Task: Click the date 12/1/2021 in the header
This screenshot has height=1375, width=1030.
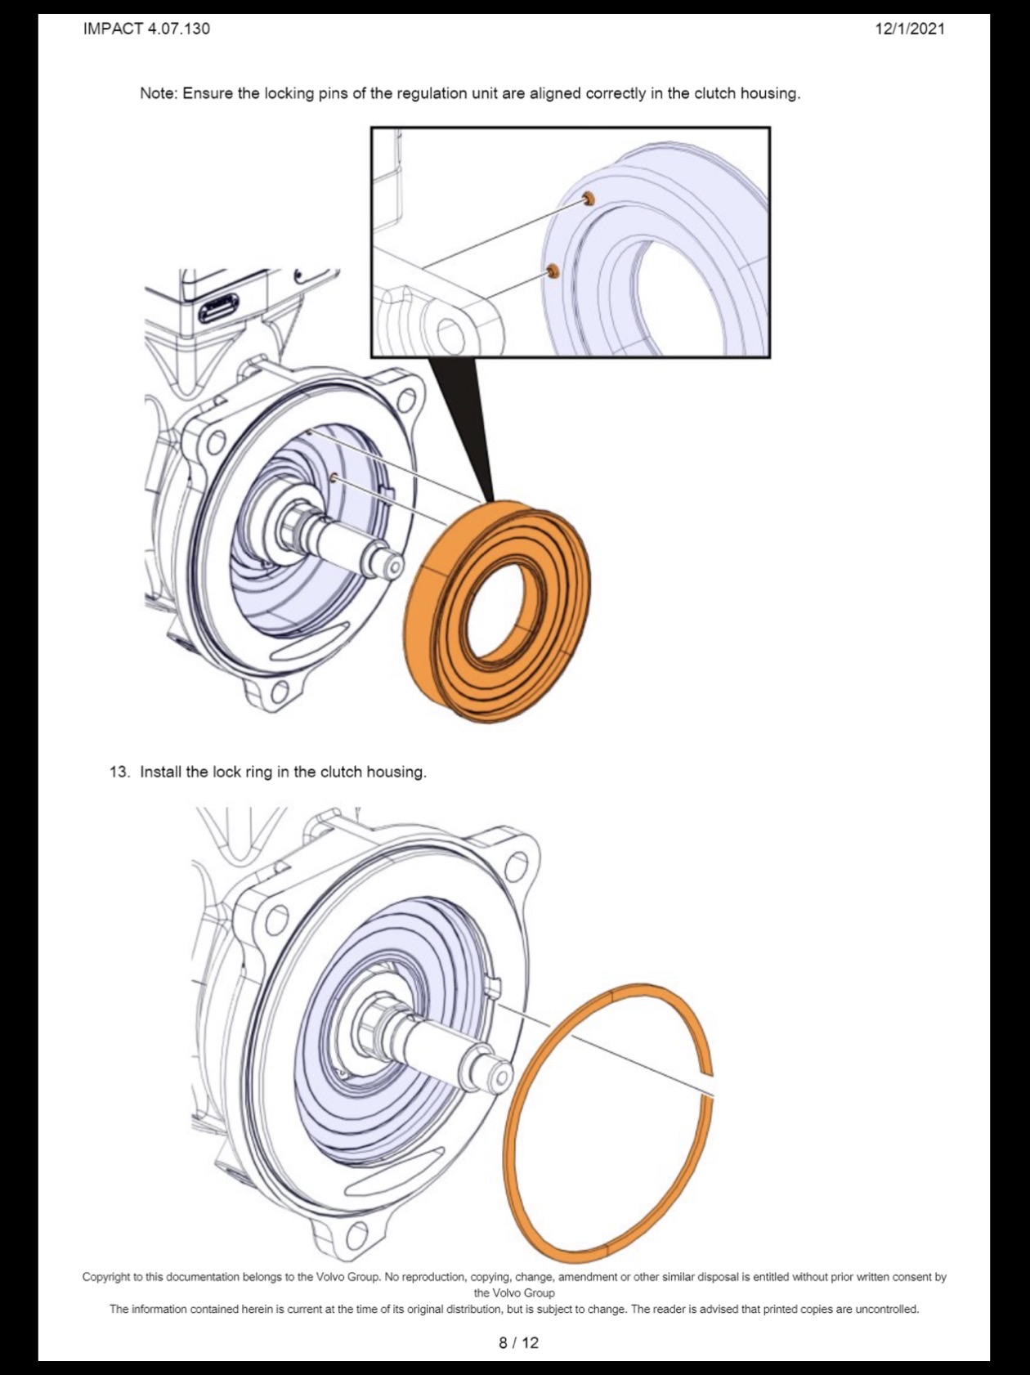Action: (x=910, y=29)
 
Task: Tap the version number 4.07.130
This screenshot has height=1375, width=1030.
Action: (x=178, y=29)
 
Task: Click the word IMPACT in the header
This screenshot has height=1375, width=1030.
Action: (x=113, y=29)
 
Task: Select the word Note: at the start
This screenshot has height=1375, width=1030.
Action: (x=159, y=93)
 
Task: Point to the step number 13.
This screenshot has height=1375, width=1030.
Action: (x=119, y=772)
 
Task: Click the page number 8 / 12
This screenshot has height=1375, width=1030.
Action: (x=519, y=1342)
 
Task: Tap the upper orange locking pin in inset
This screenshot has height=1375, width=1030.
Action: (x=588, y=199)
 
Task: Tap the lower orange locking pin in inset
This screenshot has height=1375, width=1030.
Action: (x=553, y=271)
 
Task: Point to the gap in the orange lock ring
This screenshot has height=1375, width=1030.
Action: (x=708, y=1086)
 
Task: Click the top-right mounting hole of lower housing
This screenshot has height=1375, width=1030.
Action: (x=517, y=863)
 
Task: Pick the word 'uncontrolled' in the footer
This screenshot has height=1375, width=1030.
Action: (x=886, y=1309)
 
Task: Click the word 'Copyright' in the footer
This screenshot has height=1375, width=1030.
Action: (x=106, y=1277)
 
